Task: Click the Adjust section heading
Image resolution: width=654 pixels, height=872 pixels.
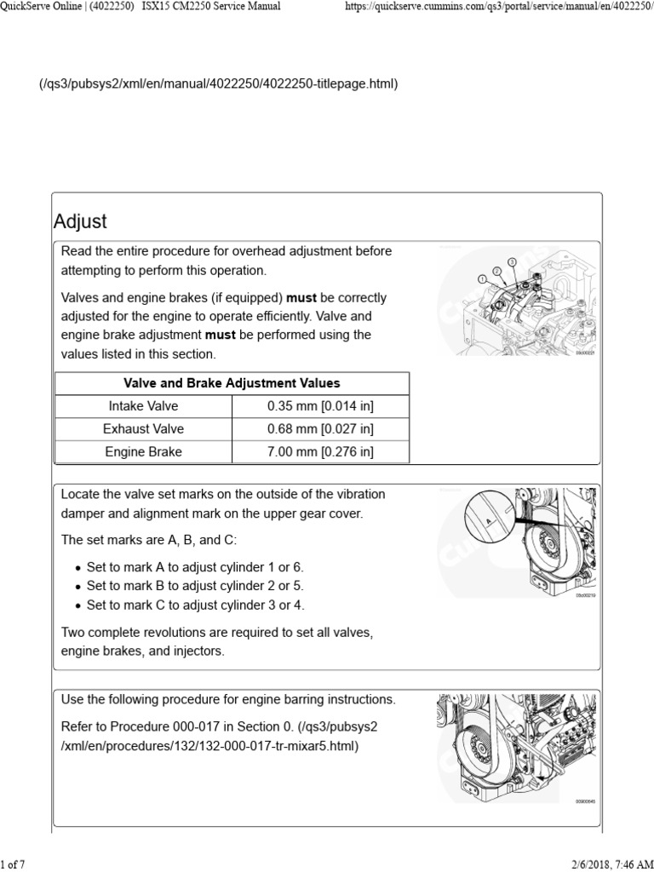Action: point(81,221)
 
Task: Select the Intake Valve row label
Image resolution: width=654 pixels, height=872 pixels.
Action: point(143,406)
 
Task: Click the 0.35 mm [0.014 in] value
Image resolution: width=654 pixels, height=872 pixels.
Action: point(320,406)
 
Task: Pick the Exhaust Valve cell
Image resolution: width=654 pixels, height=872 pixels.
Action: point(143,429)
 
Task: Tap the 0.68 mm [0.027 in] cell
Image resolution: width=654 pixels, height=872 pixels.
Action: point(320,429)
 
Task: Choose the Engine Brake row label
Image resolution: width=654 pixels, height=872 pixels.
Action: point(143,452)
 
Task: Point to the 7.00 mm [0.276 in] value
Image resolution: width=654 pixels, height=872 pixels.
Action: point(320,452)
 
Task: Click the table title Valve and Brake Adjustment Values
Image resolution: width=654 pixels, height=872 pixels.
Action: point(232,383)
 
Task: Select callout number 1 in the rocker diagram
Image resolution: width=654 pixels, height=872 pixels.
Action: point(482,278)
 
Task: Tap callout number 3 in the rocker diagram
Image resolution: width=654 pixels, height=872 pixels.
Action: point(512,261)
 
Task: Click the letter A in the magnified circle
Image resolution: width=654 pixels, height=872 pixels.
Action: point(488,519)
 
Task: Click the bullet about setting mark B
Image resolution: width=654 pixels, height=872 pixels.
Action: point(195,586)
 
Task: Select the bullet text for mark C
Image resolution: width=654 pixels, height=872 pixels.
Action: point(195,605)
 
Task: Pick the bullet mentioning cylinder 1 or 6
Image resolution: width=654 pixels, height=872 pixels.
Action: point(195,567)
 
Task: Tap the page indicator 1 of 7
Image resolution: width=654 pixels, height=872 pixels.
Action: point(13,864)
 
